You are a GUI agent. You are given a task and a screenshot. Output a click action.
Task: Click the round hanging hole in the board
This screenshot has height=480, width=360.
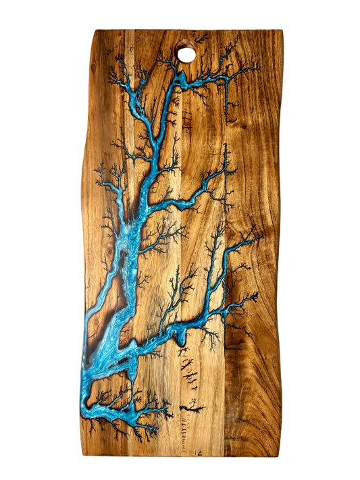click(186, 53)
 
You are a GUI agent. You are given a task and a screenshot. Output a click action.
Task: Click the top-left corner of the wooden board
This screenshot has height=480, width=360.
click(96, 31)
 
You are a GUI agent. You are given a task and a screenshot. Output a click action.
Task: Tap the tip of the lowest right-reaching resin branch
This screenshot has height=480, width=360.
click(255, 295)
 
